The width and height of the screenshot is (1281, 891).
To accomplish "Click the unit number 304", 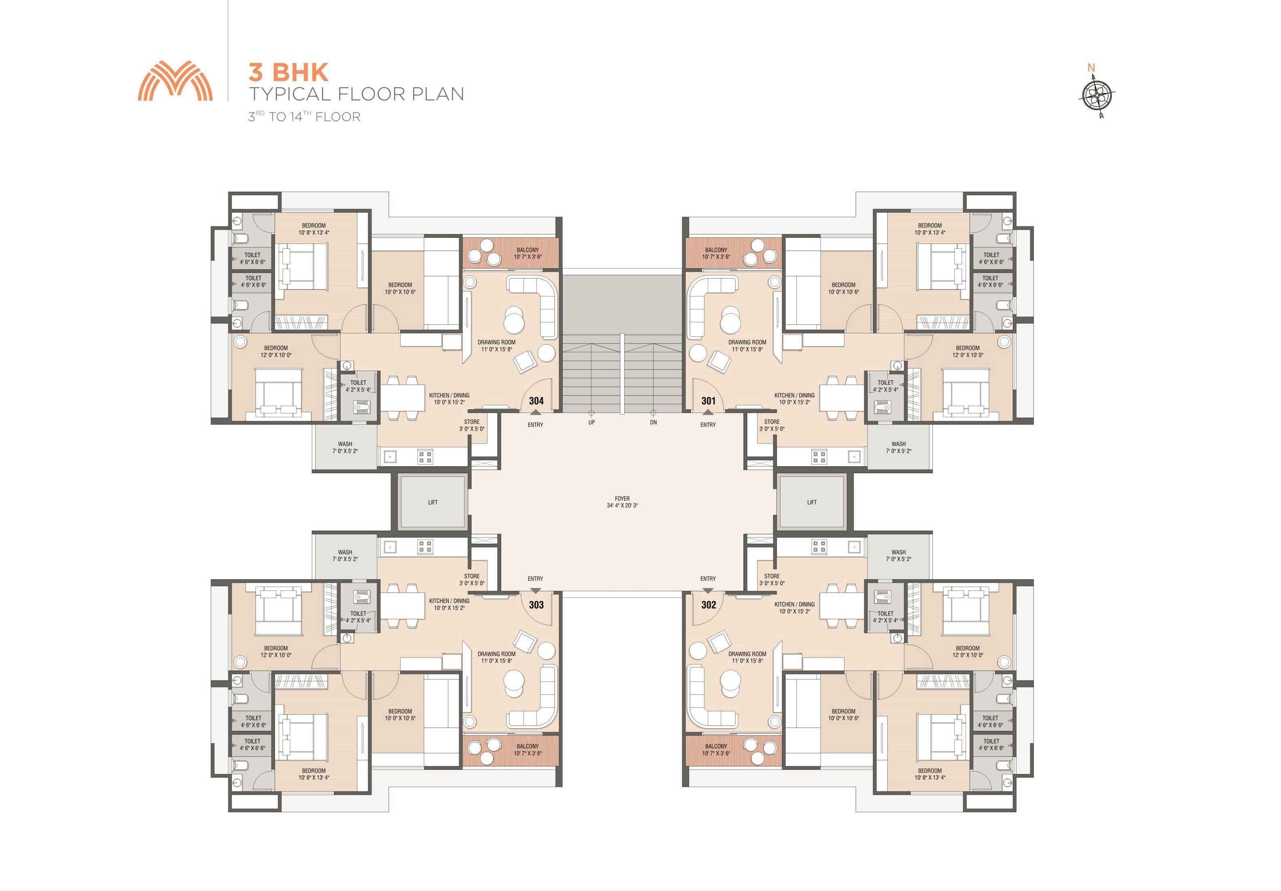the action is coord(536,401).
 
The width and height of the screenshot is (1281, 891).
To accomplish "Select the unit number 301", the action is coord(709,401).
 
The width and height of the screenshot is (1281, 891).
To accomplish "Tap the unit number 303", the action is coord(536,605).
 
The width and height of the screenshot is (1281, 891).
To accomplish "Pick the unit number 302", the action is coord(709,605).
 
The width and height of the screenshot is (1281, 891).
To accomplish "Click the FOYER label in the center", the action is coord(622,499).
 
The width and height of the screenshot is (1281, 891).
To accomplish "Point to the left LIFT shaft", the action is coord(433,502).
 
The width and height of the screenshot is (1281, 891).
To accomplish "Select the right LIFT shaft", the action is coord(812,502).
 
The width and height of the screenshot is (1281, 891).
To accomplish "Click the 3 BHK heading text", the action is coord(289,72).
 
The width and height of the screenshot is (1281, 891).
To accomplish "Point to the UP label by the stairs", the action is coord(591,423).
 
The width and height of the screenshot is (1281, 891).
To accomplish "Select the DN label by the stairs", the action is coord(653,423).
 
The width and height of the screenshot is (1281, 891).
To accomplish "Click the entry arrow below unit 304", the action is coord(536,413).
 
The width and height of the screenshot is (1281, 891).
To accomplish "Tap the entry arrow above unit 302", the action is coord(708,590).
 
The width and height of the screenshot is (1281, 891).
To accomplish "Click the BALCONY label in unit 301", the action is coord(716,250).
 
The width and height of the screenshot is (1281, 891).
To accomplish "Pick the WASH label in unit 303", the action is coord(345,552).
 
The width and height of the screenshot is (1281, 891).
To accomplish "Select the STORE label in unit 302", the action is coord(772,576).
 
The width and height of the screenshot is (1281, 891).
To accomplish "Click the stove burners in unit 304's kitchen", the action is coord(425,457).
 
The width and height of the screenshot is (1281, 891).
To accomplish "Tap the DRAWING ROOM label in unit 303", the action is coord(496,654).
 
